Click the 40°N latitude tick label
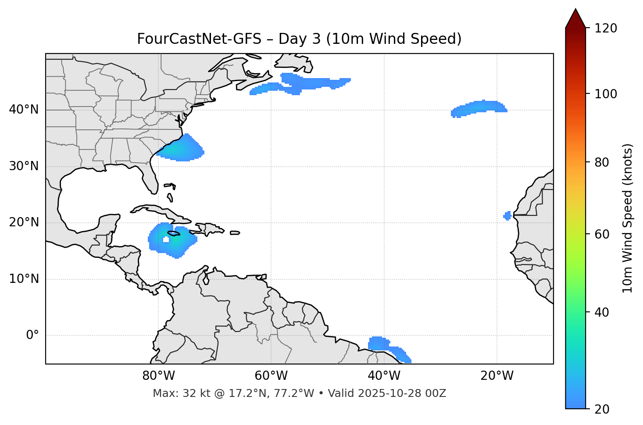(x=24, y=110)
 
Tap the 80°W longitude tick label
(x=158, y=376)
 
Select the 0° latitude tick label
(x=32, y=336)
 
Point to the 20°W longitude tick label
(x=497, y=376)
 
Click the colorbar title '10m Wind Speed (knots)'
(x=628, y=218)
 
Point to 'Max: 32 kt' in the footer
(x=175, y=393)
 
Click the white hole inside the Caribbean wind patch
(x=166, y=239)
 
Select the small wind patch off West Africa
(x=507, y=215)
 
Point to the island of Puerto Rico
(x=235, y=233)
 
